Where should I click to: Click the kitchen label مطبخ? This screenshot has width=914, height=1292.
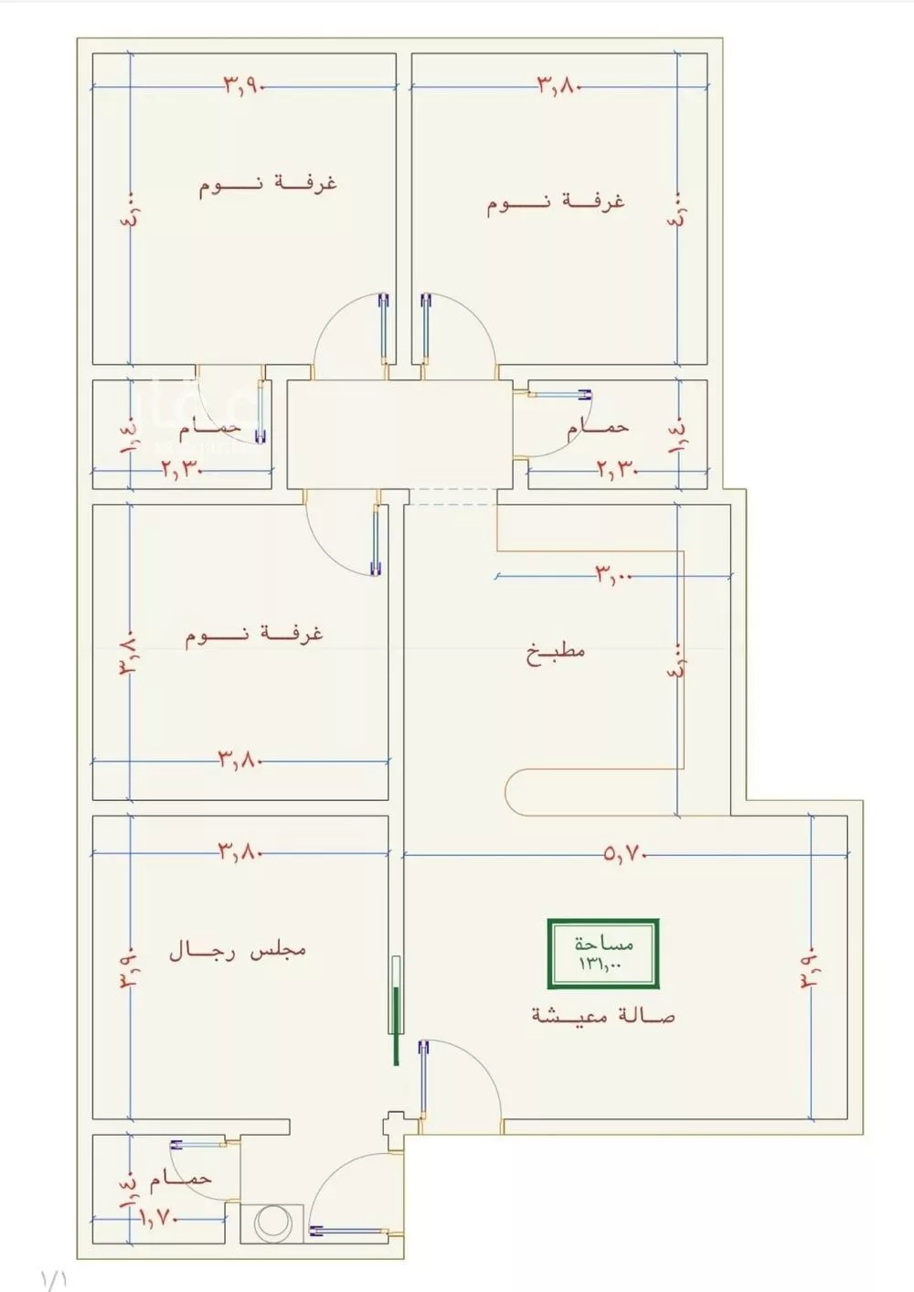(x=556, y=653)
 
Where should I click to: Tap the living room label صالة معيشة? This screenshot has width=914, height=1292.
(x=604, y=1015)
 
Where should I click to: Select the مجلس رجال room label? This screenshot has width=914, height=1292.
(x=238, y=951)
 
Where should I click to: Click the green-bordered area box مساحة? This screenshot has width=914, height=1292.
(x=603, y=954)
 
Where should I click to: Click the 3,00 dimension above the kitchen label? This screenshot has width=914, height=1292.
(x=613, y=576)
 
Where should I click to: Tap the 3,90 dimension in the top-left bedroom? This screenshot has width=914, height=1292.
(x=243, y=86)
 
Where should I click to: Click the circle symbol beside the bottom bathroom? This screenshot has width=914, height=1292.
(x=271, y=1223)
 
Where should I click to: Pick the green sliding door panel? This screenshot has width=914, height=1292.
(x=395, y=1010)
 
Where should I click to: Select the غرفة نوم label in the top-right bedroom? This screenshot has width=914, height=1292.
(x=556, y=201)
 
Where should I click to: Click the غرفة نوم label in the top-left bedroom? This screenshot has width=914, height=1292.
(x=268, y=185)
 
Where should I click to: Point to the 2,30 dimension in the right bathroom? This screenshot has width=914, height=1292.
(x=618, y=470)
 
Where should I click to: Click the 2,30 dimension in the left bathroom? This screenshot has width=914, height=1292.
(x=182, y=470)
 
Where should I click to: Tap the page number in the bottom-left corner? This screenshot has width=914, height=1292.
(x=54, y=1277)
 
